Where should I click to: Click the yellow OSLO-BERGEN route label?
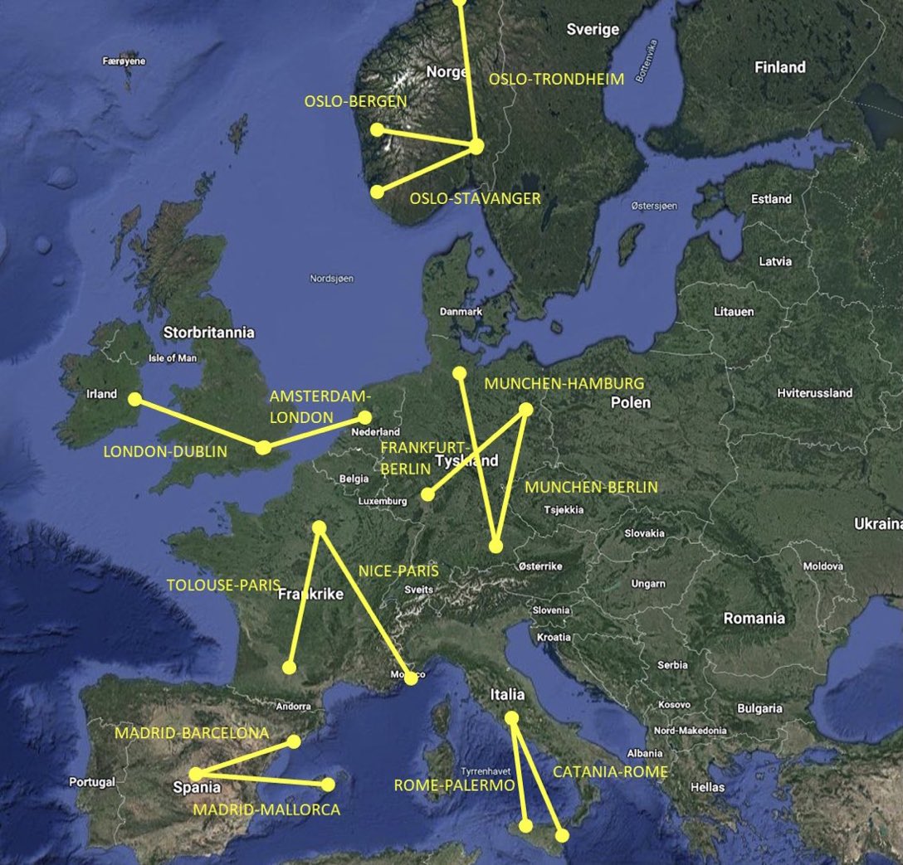point(355,102)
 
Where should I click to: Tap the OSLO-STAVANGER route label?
point(475,199)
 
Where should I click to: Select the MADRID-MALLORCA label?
point(266,809)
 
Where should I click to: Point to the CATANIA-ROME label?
point(610,772)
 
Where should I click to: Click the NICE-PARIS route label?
point(398,571)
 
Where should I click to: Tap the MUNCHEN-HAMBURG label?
point(564,384)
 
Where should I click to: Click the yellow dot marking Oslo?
point(476,146)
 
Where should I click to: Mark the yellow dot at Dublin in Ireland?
point(134,399)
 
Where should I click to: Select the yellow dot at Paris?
point(319,527)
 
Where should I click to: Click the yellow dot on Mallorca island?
point(329,784)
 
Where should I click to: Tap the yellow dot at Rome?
point(511,717)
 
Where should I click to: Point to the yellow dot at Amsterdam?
point(364,418)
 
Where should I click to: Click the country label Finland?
point(779,67)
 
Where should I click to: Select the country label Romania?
point(754,618)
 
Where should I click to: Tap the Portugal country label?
point(91,782)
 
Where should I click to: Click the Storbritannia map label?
point(209,333)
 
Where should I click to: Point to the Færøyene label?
point(124,61)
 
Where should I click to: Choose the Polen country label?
point(631,403)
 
